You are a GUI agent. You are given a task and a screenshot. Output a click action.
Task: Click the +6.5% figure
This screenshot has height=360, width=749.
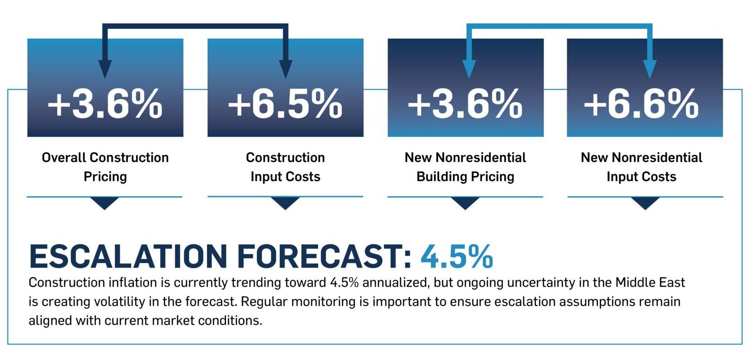285,104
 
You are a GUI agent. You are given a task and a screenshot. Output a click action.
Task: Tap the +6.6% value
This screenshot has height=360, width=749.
641,104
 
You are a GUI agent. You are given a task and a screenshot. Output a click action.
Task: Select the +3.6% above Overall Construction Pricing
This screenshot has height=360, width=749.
105,104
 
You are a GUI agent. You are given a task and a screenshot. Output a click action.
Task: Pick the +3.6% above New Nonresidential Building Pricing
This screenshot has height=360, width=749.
465,104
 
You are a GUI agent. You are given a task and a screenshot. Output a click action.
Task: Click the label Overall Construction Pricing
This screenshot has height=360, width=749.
105,167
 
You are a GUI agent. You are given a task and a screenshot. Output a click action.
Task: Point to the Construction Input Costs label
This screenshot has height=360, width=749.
285,167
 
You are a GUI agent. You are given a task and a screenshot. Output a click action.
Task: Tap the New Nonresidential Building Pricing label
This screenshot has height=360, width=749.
465,167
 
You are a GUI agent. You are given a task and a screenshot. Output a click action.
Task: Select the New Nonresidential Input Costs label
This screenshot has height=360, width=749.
641,167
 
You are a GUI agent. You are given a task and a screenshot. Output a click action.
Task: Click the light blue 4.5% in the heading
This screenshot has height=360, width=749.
457,256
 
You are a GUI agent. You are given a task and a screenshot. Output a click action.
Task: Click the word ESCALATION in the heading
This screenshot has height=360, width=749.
128,256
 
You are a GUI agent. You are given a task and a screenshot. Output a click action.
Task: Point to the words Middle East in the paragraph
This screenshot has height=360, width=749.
650,283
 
